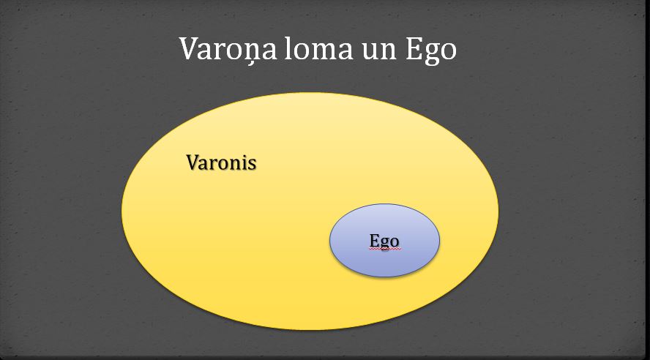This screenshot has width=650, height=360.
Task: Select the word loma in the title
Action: coord(319,48)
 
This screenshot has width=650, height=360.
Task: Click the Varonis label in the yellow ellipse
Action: coord(221,162)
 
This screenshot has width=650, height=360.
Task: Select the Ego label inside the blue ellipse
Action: coord(384,241)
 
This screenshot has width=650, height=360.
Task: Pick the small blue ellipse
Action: coord(385,240)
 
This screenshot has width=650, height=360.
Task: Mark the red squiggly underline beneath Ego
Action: coord(384,250)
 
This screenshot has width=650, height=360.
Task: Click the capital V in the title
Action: coord(191,48)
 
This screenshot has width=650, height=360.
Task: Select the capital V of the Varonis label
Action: coord(193,162)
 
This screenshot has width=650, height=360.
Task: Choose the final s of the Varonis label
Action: coord(253,165)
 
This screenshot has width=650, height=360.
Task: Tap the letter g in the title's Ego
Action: coord(432,54)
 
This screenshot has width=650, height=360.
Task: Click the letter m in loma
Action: coord(321,51)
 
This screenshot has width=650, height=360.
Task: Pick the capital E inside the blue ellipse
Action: coord(374,240)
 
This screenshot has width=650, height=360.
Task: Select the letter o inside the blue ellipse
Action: coord(395,243)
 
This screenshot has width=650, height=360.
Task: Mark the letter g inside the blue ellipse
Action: coord(385,244)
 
